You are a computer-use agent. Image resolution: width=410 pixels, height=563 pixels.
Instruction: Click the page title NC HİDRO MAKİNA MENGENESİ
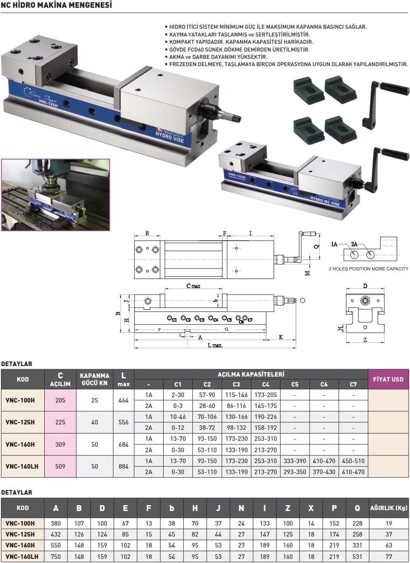[x=57, y=5]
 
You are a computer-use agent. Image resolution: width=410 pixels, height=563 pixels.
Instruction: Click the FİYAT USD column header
[x=388, y=379]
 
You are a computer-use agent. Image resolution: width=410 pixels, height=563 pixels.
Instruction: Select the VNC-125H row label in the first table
[x=20, y=422]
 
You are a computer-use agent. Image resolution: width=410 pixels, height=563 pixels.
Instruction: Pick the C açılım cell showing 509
[x=60, y=466]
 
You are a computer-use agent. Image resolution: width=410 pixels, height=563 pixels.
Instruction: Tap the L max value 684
[x=124, y=444]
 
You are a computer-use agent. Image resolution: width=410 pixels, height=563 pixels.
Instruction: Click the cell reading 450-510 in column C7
[x=353, y=461]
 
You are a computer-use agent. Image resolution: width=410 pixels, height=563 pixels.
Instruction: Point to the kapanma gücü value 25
[x=94, y=400]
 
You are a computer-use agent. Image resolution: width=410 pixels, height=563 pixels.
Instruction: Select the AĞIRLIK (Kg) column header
[x=389, y=508]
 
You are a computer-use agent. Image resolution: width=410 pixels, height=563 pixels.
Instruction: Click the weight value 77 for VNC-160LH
[x=389, y=556]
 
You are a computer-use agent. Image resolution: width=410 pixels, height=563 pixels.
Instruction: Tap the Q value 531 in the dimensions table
[x=357, y=556]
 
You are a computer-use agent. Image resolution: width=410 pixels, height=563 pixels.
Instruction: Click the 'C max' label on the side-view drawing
[x=193, y=286]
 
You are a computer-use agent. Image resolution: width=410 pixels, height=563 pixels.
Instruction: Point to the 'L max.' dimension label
[x=215, y=346]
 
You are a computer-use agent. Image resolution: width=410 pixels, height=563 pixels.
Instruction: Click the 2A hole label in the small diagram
[x=354, y=244]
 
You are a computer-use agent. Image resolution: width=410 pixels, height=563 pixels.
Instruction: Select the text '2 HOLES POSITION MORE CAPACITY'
[x=368, y=269]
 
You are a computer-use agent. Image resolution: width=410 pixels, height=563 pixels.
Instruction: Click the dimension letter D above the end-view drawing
[x=365, y=286]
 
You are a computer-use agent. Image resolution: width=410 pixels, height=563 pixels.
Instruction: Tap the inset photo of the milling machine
[x=56, y=195]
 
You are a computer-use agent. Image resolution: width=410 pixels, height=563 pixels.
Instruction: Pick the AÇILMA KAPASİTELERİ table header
[x=251, y=374]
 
